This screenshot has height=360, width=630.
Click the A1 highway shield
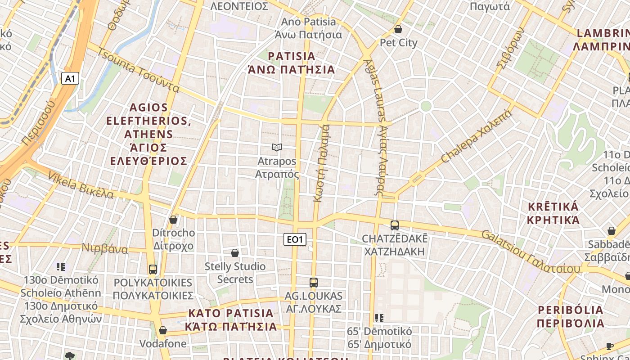click(70, 79)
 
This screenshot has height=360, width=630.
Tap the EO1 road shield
click(295, 239)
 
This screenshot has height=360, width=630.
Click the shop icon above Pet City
click(398, 30)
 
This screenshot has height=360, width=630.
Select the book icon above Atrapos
click(277, 147)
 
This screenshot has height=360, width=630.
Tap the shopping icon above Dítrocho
click(173, 220)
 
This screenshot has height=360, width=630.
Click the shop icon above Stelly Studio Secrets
click(235, 253)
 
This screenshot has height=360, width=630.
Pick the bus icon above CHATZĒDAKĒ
click(395, 225)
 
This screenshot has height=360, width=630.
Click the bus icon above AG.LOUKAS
click(314, 283)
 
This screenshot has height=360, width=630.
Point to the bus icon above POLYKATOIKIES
click(153, 270)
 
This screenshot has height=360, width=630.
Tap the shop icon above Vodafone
click(163, 331)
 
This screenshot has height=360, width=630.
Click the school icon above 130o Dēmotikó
click(61, 267)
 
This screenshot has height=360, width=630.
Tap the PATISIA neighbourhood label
click(292, 57)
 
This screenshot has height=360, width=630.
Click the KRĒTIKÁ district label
click(553, 207)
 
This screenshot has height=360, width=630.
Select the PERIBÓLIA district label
click(571, 310)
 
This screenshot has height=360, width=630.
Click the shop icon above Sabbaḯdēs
click(612, 231)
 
